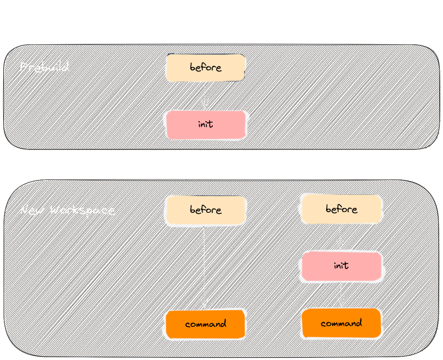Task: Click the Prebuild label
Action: click(x=44, y=68)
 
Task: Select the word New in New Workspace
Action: click(x=33, y=210)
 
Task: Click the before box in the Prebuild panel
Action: click(x=205, y=68)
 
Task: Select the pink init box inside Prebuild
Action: click(x=205, y=125)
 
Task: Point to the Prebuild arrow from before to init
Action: click(x=205, y=94)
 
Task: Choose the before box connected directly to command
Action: click(x=205, y=210)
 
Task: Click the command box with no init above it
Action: click(x=205, y=324)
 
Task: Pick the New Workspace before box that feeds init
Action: click(x=341, y=209)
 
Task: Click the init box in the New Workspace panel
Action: click(x=341, y=266)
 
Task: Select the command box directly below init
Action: click(x=341, y=323)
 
